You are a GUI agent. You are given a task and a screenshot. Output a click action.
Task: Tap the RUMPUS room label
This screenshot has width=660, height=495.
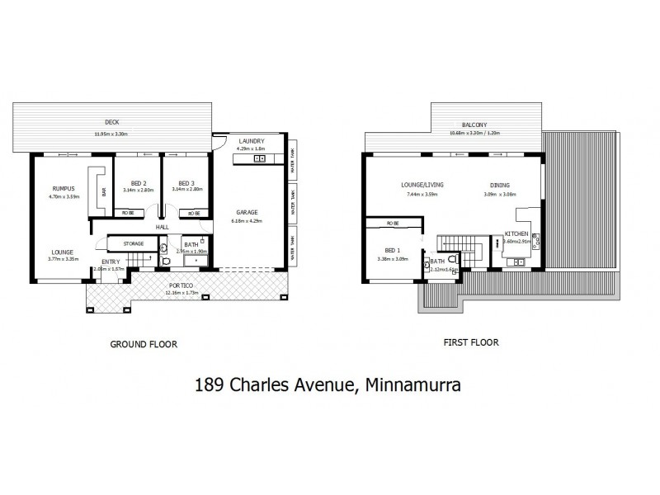(x=64, y=189)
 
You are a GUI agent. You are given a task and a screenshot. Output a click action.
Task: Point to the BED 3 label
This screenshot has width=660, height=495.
(x=185, y=183)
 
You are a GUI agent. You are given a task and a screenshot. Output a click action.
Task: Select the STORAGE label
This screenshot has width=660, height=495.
(x=134, y=243)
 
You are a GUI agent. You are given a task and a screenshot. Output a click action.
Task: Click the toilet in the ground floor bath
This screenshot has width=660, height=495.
(x=166, y=262)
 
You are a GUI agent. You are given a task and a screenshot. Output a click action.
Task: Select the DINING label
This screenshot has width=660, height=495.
(x=499, y=186)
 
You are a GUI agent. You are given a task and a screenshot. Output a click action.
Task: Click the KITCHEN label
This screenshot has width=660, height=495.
(x=516, y=234)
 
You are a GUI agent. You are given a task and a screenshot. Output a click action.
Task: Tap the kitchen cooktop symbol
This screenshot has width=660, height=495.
(x=535, y=241)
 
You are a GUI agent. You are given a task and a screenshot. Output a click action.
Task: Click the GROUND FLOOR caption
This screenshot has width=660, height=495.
(x=144, y=343)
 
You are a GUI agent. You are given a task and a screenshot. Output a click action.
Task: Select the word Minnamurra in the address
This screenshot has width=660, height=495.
(x=410, y=384)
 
